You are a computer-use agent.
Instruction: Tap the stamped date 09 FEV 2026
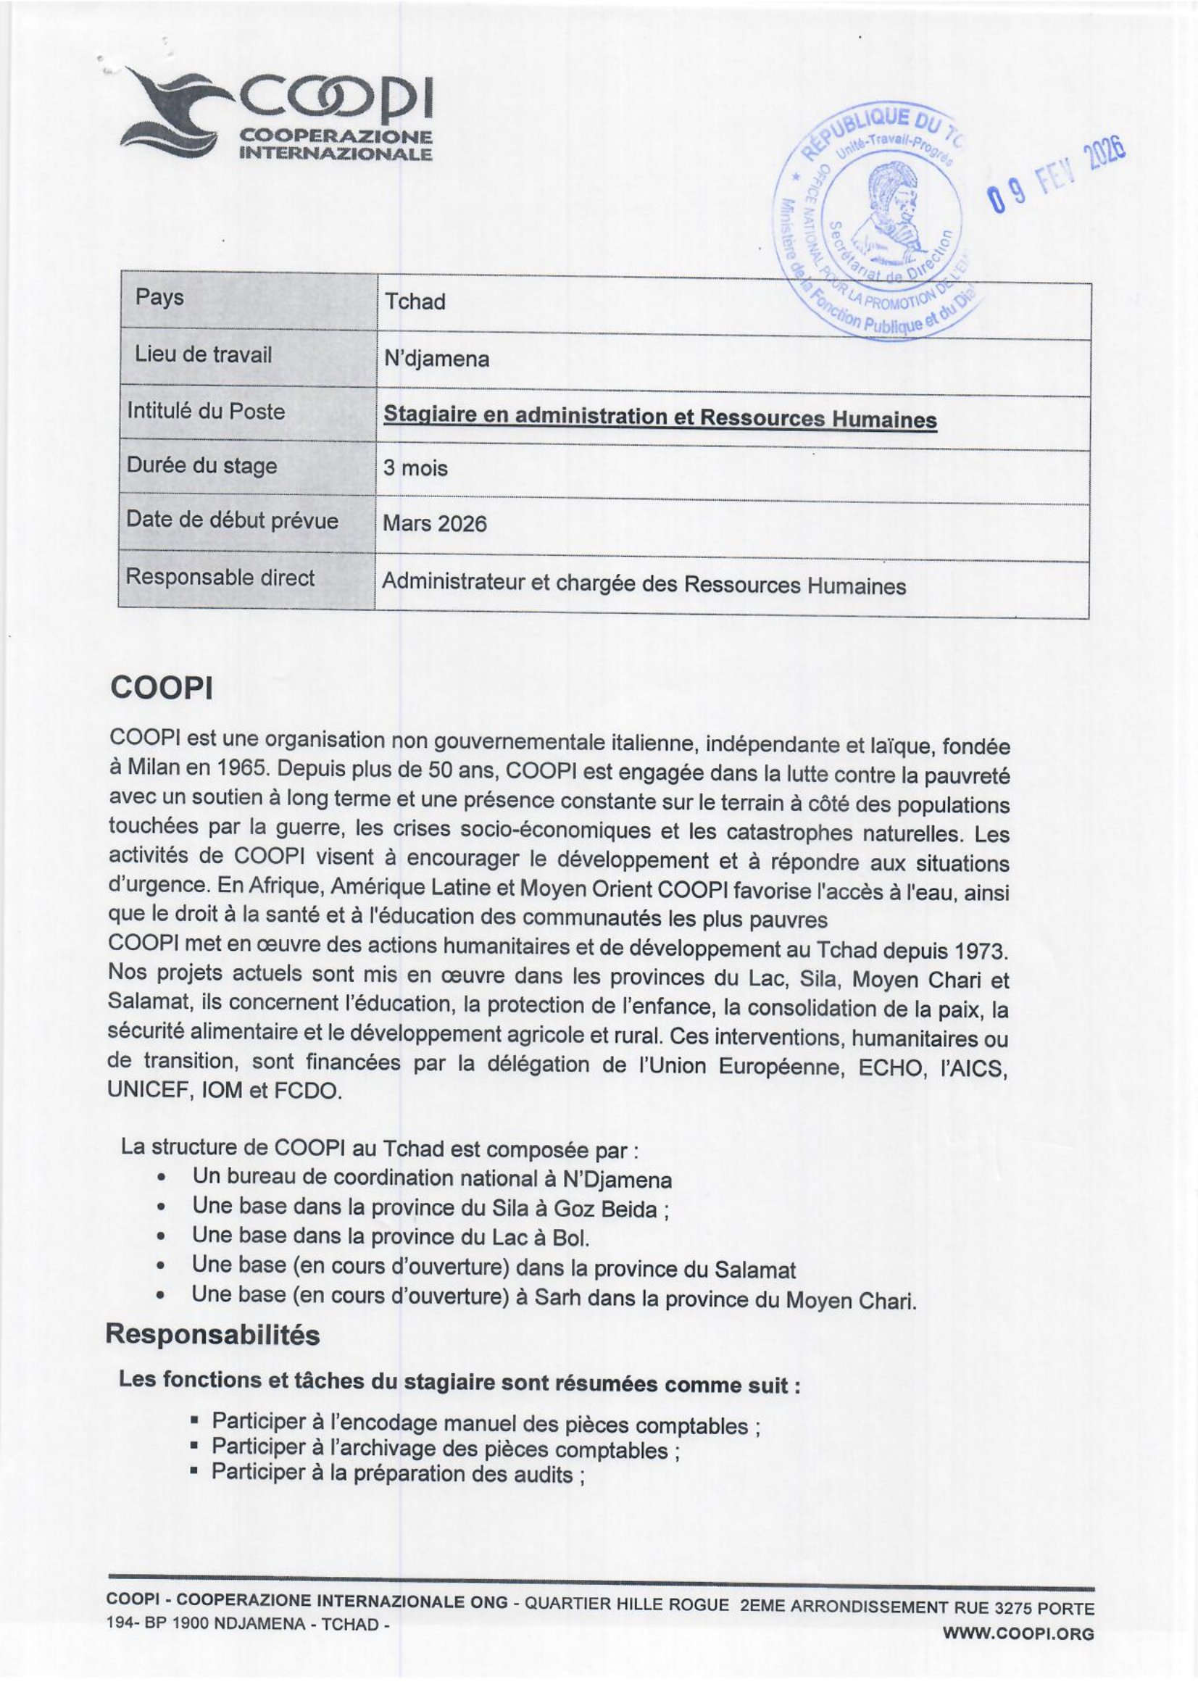click(1055, 173)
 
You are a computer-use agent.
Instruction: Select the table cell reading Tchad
click(415, 302)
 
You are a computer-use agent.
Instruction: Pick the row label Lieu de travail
click(203, 355)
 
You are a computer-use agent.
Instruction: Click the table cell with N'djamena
click(436, 359)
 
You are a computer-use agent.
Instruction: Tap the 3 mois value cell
click(415, 468)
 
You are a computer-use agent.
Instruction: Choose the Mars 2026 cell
click(435, 523)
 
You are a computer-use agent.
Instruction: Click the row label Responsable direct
click(220, 578)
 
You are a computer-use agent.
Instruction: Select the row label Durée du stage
click(201, 466)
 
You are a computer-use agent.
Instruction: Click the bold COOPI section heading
click(162, 688)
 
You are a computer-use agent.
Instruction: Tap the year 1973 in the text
click(979, 950)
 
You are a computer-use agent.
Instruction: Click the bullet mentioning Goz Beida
click(431, 1209)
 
